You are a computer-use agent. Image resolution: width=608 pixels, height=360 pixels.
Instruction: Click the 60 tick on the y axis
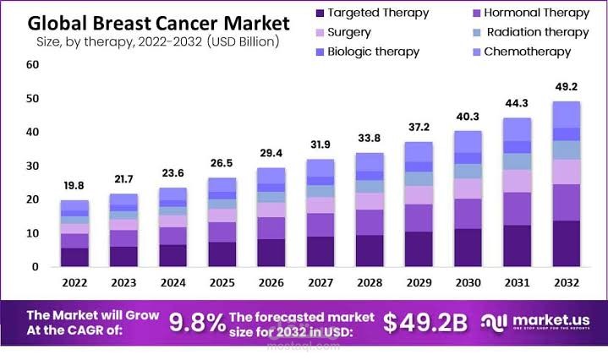[x=32, y=64]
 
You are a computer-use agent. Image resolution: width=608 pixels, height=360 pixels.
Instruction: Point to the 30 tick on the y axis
[x=32, y=166]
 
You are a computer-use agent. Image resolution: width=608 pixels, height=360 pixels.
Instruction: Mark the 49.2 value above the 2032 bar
[x=566, y=86]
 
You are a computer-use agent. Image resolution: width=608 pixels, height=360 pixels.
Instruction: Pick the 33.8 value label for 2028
[x=369, y=139]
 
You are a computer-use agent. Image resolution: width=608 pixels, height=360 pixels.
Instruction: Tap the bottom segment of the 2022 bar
[x=74, y=257]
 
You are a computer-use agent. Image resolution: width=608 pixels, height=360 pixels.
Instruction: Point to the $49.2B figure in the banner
[x=426, y=322]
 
